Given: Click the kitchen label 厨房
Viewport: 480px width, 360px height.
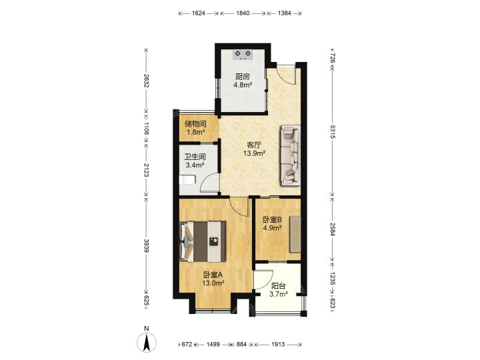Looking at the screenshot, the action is (x=243, y=77).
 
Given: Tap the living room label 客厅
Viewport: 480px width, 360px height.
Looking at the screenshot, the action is (x=254, y=145).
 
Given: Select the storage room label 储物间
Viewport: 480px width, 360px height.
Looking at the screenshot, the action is (x=195, y=124).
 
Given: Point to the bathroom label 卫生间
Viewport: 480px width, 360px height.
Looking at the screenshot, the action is (x=195, y=157).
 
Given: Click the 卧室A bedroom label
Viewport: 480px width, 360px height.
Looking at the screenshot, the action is (x=213, y=275).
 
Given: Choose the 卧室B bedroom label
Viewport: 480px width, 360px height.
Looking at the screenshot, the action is (x=273, y=219).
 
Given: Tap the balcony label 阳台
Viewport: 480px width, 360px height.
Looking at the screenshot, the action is (x=279, y=286).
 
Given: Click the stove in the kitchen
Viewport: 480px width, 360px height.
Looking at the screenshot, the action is (x=243, y=55).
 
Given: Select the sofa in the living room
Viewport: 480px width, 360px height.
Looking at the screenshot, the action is (x=290, y=155).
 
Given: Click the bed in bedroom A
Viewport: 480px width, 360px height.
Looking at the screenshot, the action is (x=203, y=241).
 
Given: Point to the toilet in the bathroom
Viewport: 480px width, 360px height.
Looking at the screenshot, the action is (x=187, y=179).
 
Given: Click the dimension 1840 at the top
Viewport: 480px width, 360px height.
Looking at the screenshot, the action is (x=243, y=13).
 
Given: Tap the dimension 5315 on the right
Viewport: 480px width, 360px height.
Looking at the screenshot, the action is (x=333, y=131).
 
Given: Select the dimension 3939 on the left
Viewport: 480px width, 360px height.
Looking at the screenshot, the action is (x=146, y=245).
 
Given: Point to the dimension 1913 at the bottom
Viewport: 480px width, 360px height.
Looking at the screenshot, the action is (x=277, y=345).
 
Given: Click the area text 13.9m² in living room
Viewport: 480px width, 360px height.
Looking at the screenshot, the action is (x=254, y=153).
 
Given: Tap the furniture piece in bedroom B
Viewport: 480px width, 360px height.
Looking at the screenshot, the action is (x=295, y=234).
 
